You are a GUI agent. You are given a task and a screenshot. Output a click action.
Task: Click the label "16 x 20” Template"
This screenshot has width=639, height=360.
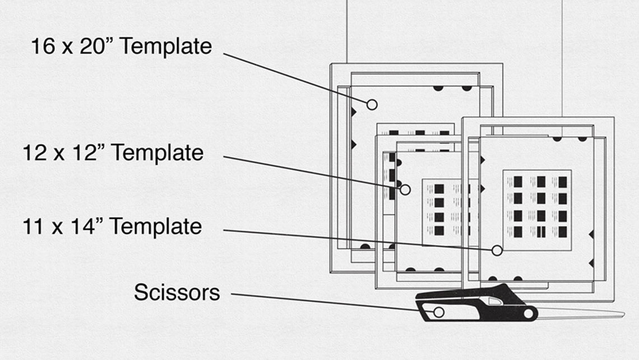point(121,46)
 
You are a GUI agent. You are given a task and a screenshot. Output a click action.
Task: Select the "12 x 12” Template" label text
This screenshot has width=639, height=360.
point(113,153)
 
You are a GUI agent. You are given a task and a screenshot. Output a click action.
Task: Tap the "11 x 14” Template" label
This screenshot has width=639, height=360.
point(112,227)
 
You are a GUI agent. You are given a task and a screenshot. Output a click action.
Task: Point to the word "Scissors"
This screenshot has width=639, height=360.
point(177,292)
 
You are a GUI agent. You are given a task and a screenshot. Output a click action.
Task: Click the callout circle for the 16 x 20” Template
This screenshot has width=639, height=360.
point(372,104)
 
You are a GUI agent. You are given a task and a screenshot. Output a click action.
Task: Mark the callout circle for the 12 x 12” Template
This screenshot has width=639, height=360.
point(405,190)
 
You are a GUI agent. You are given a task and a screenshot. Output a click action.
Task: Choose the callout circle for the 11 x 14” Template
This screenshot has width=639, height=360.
point(497,251)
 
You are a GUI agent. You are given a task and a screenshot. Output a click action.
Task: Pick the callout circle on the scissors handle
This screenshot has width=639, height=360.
point(439,312)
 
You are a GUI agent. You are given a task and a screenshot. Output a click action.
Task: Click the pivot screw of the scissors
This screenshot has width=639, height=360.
point(527,314)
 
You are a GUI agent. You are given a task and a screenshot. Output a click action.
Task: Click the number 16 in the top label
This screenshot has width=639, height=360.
point(41,46)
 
